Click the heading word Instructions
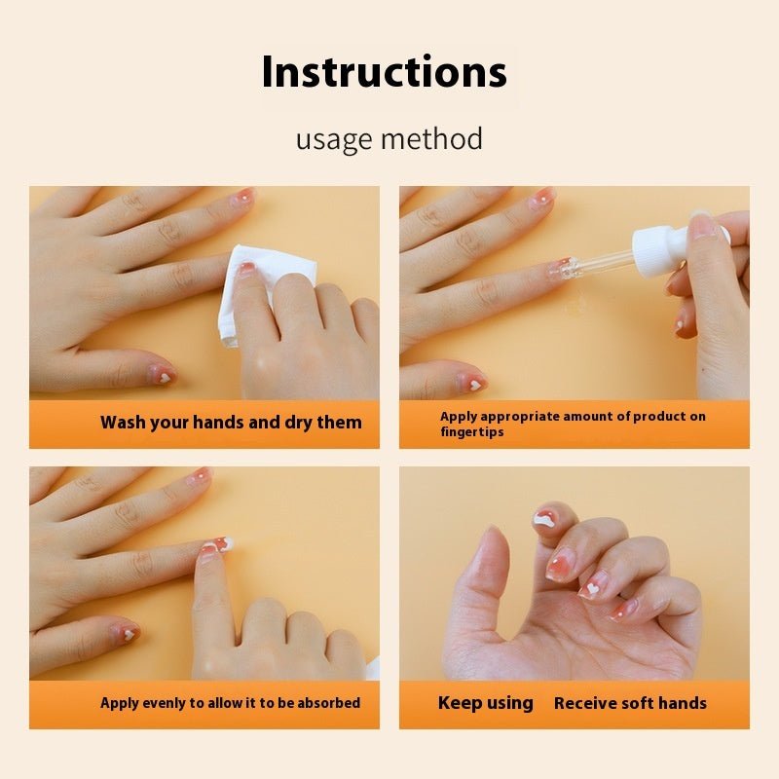point(385,73)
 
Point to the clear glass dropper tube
point(599,263)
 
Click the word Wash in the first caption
point(123,423)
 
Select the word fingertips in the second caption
point(472,432)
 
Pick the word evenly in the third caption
point(164,703)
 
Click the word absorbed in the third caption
point(326,703)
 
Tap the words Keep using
point(485,703)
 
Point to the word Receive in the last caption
point(587,703)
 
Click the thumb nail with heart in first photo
point(162,375)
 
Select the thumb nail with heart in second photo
point(472,383)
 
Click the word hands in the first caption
point(221,423)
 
